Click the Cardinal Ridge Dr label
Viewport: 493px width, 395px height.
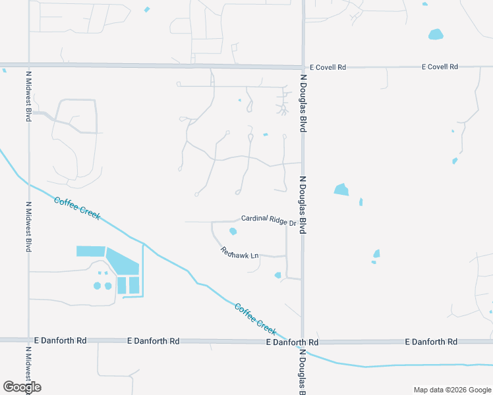tap(269, 220)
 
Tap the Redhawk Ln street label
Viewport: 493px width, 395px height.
tap(239, 252)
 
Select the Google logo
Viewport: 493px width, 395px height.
tap(22, 387)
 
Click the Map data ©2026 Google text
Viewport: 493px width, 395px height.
tap(451, 390)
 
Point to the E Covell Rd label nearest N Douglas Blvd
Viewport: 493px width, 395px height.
tap(328, 68)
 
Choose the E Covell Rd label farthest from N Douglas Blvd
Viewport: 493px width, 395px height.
tap(440, 67)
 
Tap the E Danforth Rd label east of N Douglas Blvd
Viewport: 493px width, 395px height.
tap(431, 342)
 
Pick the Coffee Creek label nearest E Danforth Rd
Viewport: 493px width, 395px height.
tap(255, 316)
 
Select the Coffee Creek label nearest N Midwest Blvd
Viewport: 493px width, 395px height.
tap(77, 209)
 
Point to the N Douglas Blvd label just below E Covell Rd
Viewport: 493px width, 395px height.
tap(304, 104)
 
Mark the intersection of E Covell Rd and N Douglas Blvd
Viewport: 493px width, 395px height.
tap(303, 67)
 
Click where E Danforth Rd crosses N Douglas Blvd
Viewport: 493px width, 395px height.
tap(303, 342)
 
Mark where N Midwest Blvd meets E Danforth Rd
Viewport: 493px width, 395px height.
tap(28, 340)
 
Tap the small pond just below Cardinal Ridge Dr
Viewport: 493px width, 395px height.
tap(233, 231)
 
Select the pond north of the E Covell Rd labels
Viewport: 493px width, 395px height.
tap(436, 34)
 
